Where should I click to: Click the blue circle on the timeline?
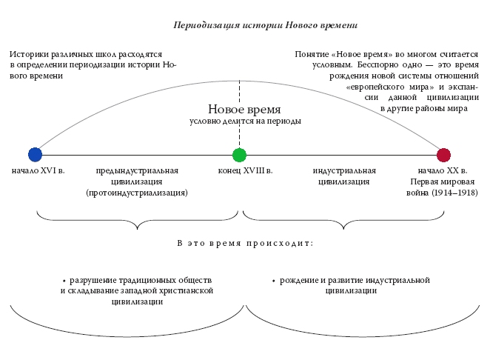(35, 155)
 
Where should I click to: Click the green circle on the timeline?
(239, 155)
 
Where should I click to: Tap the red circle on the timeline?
(443, 155)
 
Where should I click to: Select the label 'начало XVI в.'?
(38, 171)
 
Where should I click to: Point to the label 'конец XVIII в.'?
(246, 171)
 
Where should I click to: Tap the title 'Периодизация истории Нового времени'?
(265, 25)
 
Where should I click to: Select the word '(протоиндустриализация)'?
(137, 193)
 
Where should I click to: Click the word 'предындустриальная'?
(137, 171)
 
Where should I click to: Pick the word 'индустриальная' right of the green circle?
(344, 171)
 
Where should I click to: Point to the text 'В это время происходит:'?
(245, 243)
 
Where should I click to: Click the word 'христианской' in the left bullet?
(186, 291)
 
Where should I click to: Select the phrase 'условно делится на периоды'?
(245, 121)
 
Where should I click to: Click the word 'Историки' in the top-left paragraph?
(28, 55)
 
